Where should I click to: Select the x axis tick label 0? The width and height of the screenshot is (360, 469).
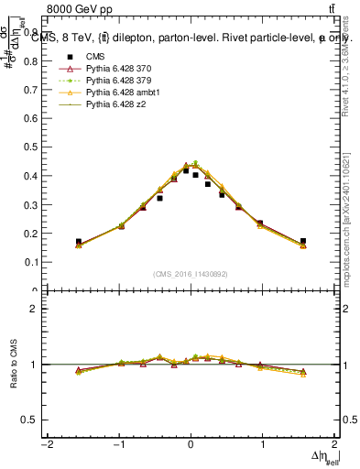click(x=191, y=446)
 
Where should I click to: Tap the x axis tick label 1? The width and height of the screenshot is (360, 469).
click(x=263, y=446)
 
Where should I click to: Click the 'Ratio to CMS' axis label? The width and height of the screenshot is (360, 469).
click(x=12, y=365)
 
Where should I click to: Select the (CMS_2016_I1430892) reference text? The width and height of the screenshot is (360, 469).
click(x=190, y=275)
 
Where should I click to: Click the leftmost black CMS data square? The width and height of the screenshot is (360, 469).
click(x=79, y=242)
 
